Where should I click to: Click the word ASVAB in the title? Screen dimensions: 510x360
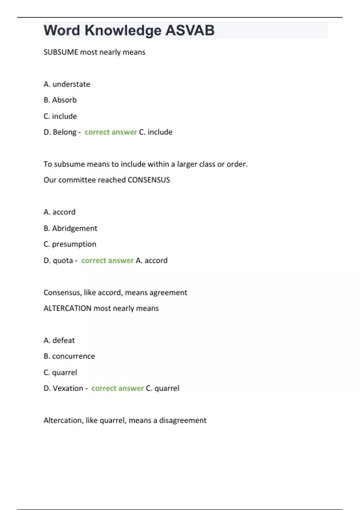click(190, 30)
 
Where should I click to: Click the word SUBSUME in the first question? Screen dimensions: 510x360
click(61, 52)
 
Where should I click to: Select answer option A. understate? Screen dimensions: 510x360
click(67, 84)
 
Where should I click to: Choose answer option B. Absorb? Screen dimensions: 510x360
click(60, 100)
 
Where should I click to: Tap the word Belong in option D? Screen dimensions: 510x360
click(64, 132)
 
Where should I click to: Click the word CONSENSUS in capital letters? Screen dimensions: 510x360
click(149, 180)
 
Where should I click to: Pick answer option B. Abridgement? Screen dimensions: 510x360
click(70, 228)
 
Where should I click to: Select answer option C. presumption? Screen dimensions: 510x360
click(70, 244)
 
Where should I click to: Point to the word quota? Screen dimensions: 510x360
click(63, 260)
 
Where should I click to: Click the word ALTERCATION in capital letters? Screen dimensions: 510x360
click(67, 308)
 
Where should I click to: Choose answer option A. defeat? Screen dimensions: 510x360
click(59, 340)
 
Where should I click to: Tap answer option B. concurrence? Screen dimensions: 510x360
click(69, 356)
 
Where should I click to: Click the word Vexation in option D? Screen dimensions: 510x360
click(68, 388)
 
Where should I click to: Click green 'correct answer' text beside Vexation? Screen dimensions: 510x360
click(118, 388)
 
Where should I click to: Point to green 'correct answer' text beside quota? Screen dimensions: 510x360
click(107, 260)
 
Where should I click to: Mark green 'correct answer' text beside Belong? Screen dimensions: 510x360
click(111, 132)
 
